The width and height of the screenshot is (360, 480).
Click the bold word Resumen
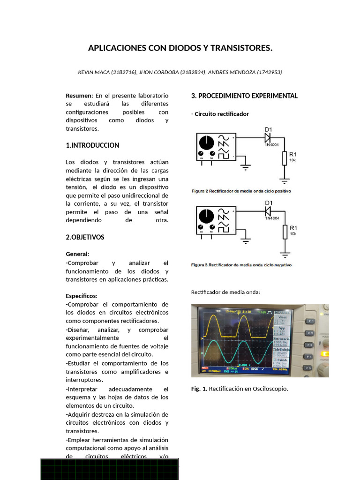[79, 96]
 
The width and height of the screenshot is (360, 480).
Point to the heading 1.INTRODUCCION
[92, 145]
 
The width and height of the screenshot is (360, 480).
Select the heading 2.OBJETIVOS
[85, 237]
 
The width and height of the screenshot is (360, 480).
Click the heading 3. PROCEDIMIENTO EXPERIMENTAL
[244, 96]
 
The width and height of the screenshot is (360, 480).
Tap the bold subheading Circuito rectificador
[221, 114]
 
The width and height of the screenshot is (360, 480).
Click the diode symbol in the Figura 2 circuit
[268, 138]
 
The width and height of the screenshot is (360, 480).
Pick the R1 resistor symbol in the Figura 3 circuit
[284, 232]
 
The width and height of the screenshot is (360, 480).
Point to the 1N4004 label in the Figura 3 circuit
[272, 218]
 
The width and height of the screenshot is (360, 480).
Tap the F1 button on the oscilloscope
[309, 321]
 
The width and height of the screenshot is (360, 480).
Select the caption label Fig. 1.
[199, 389]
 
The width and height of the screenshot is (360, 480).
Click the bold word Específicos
[81, 296]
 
